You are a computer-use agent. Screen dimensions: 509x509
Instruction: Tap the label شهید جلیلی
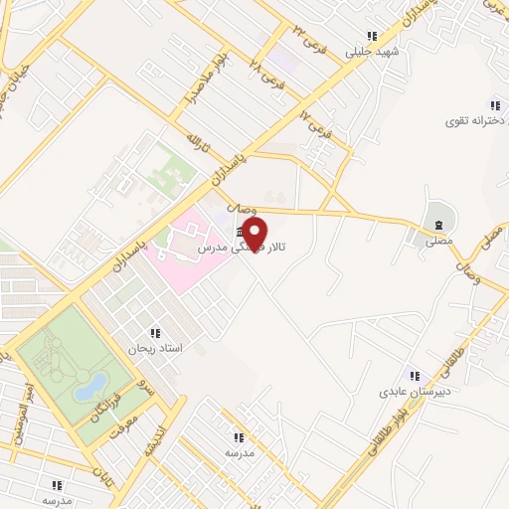(x=372, y=51)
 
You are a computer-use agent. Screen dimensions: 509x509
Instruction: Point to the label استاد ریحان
(x=155, y=349)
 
